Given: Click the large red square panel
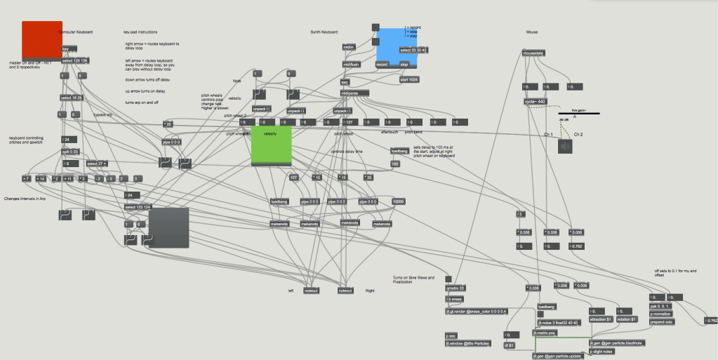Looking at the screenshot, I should pyautogui.click(x=42, y=40).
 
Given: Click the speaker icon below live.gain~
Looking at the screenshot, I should pyautogui.click(x=566, y=146).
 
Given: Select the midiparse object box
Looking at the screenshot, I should pyautogui.click(x=354, y=93).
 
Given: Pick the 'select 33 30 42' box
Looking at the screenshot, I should pyautogui.click(x=413, y=51).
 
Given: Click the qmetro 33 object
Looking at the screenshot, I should pyautogui.click(x=456, y=288).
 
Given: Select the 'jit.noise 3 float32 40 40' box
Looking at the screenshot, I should pyautogui.click(x=559, y=322).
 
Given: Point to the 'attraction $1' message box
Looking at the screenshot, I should pyautogui.click(x=601, y=319).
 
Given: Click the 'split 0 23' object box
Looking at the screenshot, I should pyautogui.click(x=71, y=152).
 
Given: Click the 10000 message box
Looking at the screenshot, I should pyautogui.click(x=399, y=201).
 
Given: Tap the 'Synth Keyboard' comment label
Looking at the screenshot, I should pyautogui.click(x=324, y=32).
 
